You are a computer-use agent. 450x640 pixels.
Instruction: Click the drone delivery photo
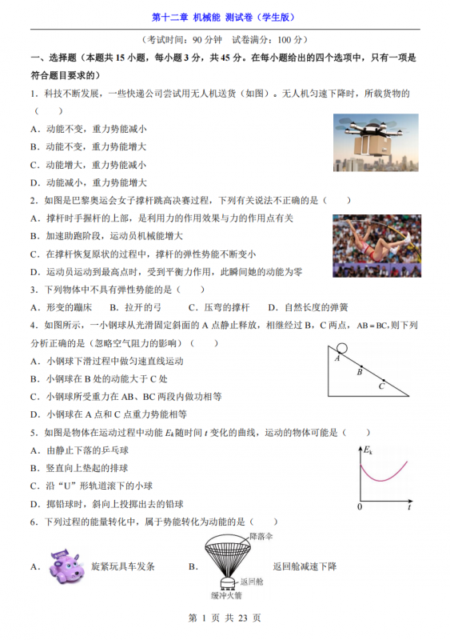(x=375, y=142)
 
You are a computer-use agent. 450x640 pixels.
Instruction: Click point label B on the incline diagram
(x=360, y=371)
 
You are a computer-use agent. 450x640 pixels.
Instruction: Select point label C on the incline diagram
(x=381, y=387)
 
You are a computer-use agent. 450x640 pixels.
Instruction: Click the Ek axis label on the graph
(x=368, y=452)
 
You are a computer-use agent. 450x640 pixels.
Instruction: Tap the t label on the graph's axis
(x=408, y=507)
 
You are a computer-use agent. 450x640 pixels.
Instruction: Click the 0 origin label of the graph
(x=360, y=507)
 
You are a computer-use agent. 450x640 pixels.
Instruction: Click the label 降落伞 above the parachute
(x=261, y=534)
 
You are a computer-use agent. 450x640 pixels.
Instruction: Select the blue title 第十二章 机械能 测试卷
(x=225, y=17)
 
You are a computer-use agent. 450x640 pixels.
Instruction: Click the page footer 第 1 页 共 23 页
(x=225, y=618)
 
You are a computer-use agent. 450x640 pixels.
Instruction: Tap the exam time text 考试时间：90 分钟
(x=185, y=39)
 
